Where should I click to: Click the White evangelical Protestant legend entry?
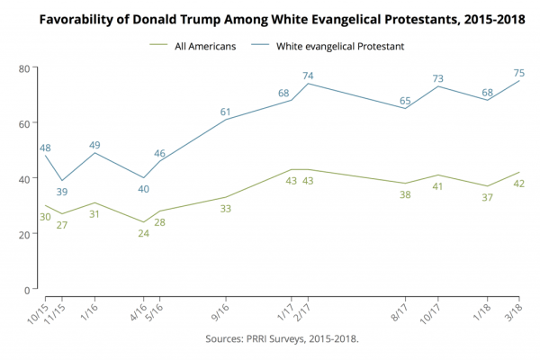(332, 46)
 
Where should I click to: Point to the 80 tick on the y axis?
(23, 67)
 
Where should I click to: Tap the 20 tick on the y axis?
(23, 234)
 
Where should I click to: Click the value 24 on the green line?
(143, 233)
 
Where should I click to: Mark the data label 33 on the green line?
(226, 209)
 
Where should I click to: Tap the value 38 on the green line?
(405, 194)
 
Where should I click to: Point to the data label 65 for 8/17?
(405, 101)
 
